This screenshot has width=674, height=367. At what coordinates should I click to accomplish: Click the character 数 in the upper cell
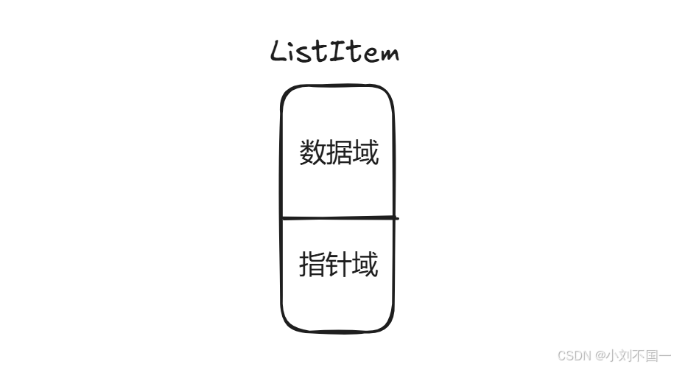tap(312, 153)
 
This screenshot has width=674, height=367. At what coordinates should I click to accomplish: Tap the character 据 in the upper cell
tap(339, 153)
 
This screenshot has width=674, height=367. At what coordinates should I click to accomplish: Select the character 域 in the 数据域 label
tap(365, 153)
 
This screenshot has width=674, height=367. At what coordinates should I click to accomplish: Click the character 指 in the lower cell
tap(312, 264)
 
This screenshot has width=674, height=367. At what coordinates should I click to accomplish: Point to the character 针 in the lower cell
tap(339, 264)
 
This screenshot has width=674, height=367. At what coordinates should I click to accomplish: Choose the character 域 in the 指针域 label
tap(365, 264)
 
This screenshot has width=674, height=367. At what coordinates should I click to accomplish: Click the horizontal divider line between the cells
tap(337, 218)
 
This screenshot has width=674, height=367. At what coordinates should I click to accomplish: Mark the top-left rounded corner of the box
tap(287, 92)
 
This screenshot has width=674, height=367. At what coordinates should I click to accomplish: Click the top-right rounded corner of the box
tap(388, 92)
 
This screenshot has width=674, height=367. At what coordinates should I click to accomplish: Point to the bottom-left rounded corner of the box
tap(287, 324)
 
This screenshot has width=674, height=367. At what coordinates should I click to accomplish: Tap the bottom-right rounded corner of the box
tap(388, 324)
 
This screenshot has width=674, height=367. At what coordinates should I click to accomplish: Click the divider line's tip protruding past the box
tap(396, 218)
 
